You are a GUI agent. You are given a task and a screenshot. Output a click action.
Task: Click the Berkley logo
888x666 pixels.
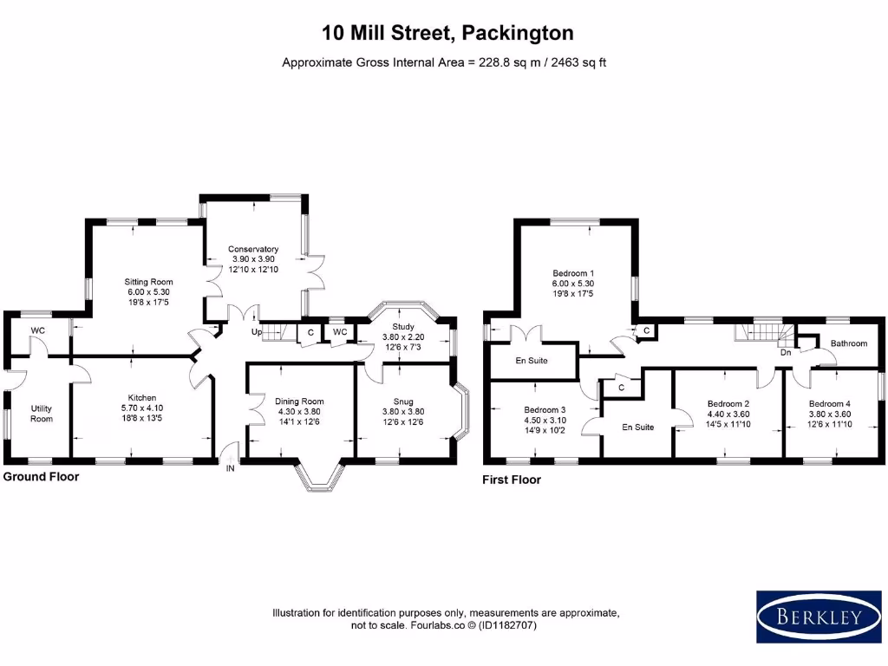819,617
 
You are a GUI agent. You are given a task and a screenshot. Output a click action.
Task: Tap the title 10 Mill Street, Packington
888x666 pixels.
448,33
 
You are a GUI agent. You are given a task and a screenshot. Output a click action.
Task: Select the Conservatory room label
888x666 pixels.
253,249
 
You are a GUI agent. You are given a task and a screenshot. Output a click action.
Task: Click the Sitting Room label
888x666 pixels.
148,282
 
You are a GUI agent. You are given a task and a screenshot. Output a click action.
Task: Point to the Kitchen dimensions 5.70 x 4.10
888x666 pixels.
142,408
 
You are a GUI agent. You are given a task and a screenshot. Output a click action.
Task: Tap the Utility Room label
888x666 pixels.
42,414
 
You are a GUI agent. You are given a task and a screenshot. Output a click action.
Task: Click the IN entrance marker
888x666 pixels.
231,468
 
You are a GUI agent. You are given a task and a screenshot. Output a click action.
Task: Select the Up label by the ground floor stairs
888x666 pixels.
257,332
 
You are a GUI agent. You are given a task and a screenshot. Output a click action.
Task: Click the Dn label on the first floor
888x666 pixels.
786,352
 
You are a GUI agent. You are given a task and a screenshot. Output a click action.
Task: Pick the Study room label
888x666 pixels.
403,327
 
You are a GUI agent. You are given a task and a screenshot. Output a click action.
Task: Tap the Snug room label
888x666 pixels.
403,402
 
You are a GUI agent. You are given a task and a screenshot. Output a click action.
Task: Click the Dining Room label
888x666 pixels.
299,402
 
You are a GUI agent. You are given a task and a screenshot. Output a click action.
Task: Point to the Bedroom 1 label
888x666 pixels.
573,273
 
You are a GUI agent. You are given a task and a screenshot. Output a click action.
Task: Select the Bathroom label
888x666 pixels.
849,343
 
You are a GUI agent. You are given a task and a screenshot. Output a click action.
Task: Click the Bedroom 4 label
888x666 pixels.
830,404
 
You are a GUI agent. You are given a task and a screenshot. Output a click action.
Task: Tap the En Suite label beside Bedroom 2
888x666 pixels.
637,427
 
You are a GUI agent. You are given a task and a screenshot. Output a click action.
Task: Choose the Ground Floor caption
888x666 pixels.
42,476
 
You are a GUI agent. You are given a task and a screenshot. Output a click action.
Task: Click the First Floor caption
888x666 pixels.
512,480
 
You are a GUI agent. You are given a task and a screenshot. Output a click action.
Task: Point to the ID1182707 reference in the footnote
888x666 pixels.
507,626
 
